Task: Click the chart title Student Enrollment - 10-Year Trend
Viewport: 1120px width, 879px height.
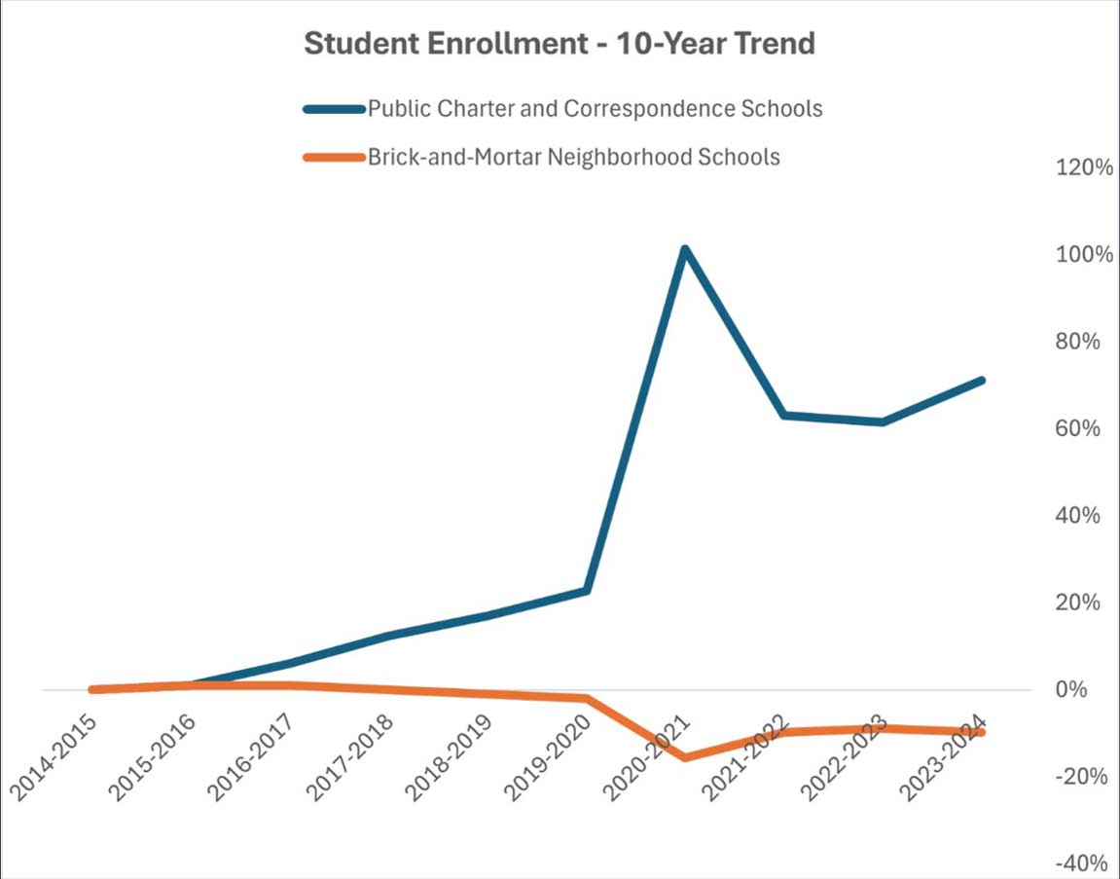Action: coord(559,44)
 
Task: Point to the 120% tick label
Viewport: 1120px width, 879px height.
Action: coord(1082,167)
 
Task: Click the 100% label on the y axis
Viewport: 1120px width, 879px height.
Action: coord(1082,255)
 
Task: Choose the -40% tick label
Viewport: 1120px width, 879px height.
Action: coord(1082,863)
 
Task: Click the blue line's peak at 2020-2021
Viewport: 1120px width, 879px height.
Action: coord(685,250)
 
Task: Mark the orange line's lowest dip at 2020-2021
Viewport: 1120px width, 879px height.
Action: coord(685,757)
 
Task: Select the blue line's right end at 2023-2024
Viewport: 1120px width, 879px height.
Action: coord(981,380)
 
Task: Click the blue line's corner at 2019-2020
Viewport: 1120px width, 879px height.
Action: coord(587,590)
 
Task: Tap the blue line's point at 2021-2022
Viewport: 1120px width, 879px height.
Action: coord(784,416)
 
